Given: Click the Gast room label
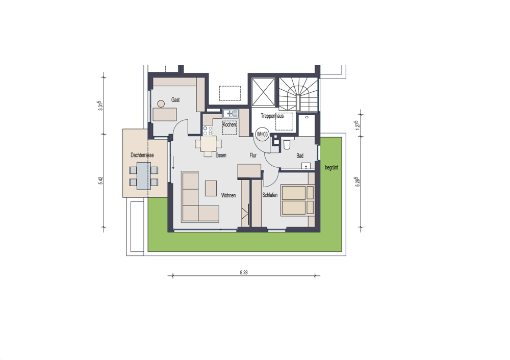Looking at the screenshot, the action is [175, 100].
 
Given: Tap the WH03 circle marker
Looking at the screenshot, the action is [262, 134].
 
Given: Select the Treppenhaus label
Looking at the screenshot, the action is [272, 116].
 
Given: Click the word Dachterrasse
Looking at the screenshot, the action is [142, 155].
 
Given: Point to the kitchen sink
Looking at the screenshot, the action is [231, 114].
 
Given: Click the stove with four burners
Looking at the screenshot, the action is [208, 131].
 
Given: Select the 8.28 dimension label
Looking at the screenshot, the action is [244, 272].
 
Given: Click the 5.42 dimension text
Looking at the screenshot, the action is [100, 181].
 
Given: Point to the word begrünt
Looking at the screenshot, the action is [331, 168].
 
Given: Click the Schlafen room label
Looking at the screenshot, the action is [270, 195].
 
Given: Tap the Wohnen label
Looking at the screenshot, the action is [228, 195].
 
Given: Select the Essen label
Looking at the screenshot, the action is [221, 156].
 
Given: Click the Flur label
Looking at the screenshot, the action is [253, 156].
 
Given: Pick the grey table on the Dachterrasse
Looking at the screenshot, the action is [143, 176].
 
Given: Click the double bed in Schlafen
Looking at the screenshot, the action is [298, 200].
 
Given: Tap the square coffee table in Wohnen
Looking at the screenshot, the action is [211, 188].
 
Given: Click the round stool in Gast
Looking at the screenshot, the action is [161, 104].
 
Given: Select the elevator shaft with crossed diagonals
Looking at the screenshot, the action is [264, 92].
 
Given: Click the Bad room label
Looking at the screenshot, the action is [300, 156].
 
